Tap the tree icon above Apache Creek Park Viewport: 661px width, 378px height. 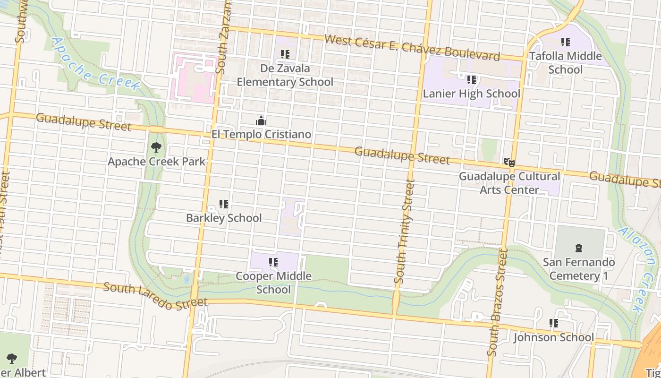coord(156,148)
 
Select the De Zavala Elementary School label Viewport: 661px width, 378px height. coord(285,75)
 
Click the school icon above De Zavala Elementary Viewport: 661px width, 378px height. coord(285,55)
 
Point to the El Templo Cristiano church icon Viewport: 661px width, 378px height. coord(261,120)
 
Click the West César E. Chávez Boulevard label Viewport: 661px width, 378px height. coord(412,48)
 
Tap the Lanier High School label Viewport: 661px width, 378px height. coord(471,94)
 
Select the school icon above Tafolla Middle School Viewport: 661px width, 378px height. coord(565,43)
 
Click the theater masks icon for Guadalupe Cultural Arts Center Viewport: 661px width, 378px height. coord(509,163)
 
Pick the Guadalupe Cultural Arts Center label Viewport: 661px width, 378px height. coord(509,183)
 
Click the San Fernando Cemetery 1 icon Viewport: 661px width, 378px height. coord(579,248)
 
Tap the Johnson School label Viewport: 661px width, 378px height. coord(553,337)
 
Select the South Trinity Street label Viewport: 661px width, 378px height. coord(405,232)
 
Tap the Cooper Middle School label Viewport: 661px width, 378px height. coord(273,283)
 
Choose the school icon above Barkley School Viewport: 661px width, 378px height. coord(224,204)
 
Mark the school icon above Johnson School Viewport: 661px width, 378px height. coord(553,324)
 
